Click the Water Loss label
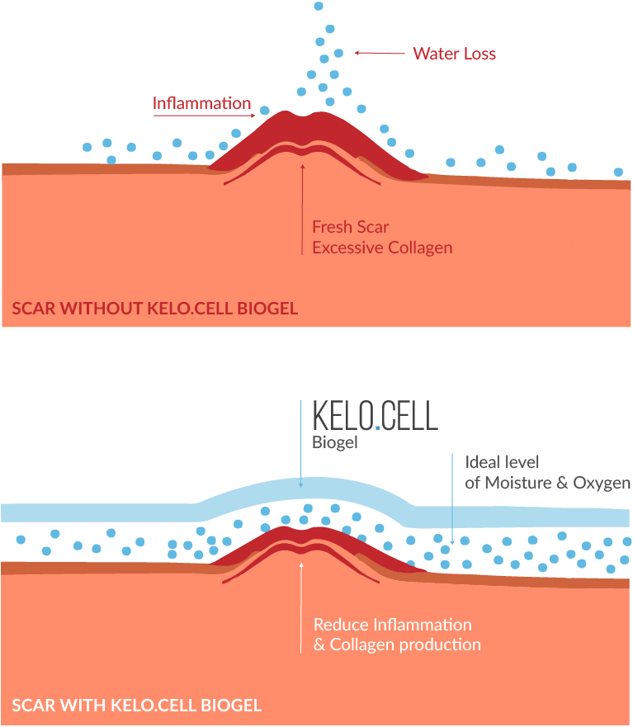[x=455, y=54]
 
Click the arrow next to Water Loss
[x=380, y=53]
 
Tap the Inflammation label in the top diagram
[x=201, y=103]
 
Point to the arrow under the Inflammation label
[x=204, y=116]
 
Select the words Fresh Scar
[x=351, y=227]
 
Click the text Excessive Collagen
[x=383, y=248]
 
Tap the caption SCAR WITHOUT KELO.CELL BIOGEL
[x=155, y=309]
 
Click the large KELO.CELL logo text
[x=376, y=415]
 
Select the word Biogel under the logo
[x=335, y=442]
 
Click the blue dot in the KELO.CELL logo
[x=377, y=428]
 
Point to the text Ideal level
[x=503, y=462]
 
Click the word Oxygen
[x=602, y=483]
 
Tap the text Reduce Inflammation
[x=393, y=625]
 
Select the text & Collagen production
[x=398, y=645]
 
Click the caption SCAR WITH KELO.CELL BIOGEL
[x=137, y=706]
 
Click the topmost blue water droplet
[x=319, y=6]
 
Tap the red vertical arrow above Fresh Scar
[x=302, y=209]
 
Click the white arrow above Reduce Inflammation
[x=301, y=608]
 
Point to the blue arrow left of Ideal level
[x=452, y=499]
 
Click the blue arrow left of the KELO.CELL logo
[x=301, y=444]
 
